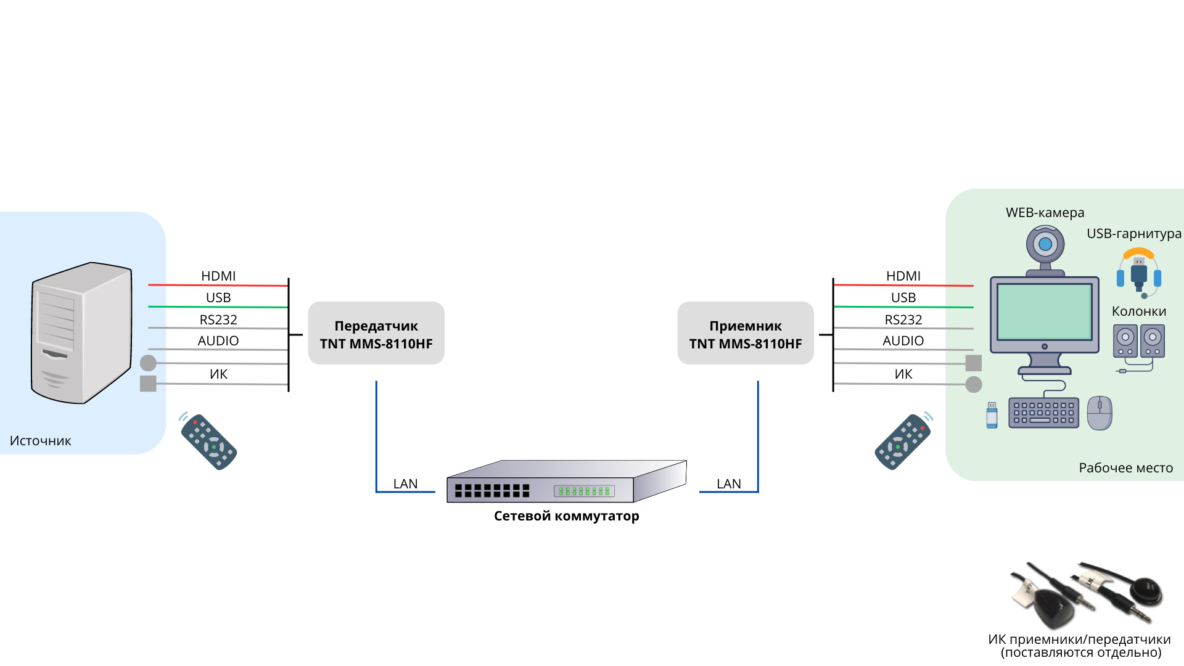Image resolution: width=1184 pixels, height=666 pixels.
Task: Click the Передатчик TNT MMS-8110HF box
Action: [x=376, y=334]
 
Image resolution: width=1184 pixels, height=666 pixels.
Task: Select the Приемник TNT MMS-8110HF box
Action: [x=745, y=334]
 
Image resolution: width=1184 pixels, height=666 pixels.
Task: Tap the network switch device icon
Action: [x=566, y=482]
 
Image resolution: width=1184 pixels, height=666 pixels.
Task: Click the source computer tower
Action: [x=81, y=333]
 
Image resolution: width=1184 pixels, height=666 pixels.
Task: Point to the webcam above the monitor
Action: [x=1045, y=247]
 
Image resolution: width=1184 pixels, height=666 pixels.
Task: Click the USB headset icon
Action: [x=1138, y=271]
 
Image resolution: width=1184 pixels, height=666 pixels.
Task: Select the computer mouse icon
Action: [x=1100, y=413]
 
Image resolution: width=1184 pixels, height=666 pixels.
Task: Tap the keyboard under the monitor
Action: [x=1043, y=413]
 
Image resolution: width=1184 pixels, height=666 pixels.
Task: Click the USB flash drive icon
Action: [x=992, y=415]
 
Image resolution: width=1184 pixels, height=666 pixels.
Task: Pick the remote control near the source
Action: [x=208, y=442]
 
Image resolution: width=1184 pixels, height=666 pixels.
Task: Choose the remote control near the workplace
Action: [x=903, y=442]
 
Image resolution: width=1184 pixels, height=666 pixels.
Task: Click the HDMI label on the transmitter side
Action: [x=218, y=276]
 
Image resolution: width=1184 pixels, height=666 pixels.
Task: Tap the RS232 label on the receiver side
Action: [x=903, y=319]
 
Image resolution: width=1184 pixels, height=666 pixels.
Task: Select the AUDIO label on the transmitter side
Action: [x=218, y=340]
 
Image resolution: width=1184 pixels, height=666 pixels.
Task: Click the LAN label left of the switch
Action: [x=405, y=483]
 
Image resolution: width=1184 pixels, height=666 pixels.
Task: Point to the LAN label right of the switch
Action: [x=728, y=483]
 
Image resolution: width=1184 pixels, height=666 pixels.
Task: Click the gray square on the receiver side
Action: [x=973, y=363]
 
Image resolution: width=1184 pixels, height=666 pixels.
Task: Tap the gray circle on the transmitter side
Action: [x=148, y=363]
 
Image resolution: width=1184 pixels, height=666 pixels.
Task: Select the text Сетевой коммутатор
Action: [x=566, y=516]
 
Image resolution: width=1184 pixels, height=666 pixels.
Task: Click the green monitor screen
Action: [x=1044, y=311]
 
